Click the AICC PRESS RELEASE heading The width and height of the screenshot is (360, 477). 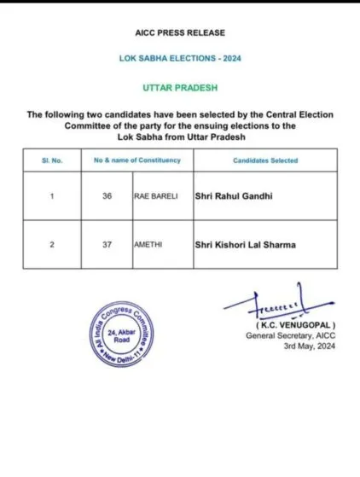pyautogui.click(x=180, y=33)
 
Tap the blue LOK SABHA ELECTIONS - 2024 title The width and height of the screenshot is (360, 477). pyautogui.click(x=180, y=59)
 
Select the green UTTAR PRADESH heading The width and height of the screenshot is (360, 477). pyautogui.click(x=180, y=88)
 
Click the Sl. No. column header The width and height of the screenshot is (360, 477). pyautogui.click(x=52, y=160)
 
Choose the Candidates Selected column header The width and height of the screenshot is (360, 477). pyautogui.click(x=264, y=160)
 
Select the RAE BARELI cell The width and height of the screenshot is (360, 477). pyautogui.click(x=156, y=195)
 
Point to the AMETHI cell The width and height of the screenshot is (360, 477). pyautogui.click(x=149, y=246)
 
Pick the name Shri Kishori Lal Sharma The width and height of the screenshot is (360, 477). pyautogui.click(x=247, y=246)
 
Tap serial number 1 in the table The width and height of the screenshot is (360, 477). pyautogui.click(x=52, y=195)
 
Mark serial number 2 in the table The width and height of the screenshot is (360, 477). pyautogui.click(x=52, y=246)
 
